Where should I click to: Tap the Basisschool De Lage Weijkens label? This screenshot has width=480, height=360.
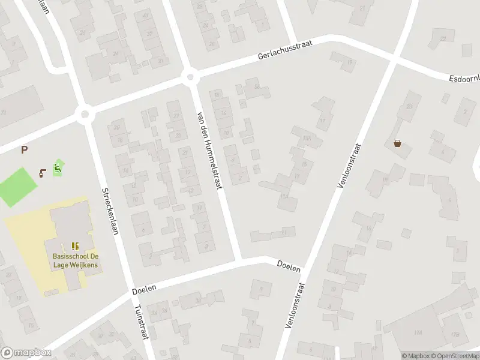(75, 261)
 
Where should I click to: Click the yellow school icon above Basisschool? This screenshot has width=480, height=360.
(75, 246)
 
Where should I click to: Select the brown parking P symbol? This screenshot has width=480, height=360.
(25, 150)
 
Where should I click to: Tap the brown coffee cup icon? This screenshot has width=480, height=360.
(42, 173)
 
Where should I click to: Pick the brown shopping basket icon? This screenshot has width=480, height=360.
(397, 143)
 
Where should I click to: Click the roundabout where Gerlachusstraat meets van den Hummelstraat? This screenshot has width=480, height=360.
(191, 76)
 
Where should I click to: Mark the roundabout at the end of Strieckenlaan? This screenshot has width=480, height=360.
(85, 114)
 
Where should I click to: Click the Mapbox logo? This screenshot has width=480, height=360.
(26, 353)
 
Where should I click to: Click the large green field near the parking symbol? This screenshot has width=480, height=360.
(19, 187)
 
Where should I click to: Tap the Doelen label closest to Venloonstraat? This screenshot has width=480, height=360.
(289, 265)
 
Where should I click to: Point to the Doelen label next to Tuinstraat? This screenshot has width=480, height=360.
(144, 289)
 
